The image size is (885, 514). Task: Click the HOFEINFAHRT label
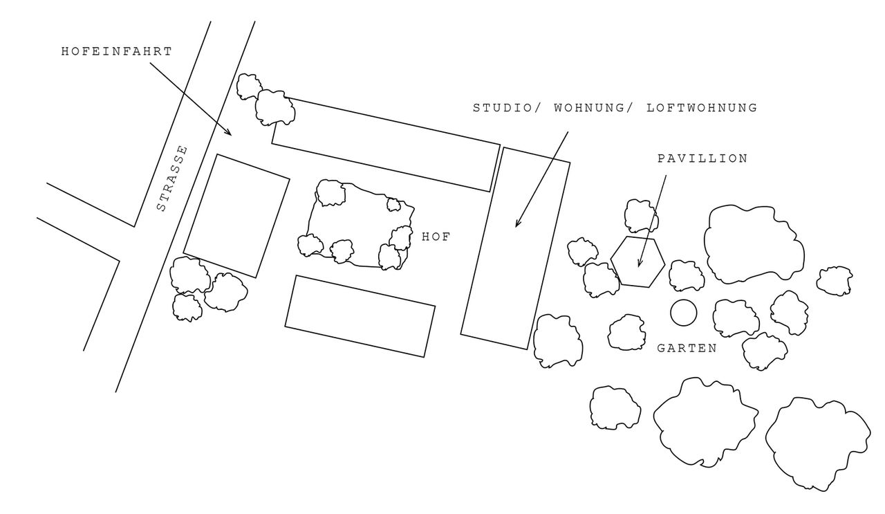[x=116, y=51]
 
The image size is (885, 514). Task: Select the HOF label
[x=436, y=237]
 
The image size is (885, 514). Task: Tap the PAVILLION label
[x=702, y=158]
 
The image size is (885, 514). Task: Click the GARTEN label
[x=687, y=349]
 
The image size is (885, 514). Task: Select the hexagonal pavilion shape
[x=637, y=261]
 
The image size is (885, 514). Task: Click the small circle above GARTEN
[x=683, y=313]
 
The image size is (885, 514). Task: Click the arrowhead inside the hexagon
[x=640, y=266]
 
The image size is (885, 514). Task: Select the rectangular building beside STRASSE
[x=236, y=215]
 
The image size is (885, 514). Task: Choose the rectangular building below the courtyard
[x=360, y=316]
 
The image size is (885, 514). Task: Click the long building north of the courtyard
[x=386, y=144]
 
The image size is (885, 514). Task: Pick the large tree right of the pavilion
[x=754, y=243]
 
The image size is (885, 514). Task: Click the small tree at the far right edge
[x=834, y=280]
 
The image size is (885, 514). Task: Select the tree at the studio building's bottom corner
[x=558, y=340]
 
